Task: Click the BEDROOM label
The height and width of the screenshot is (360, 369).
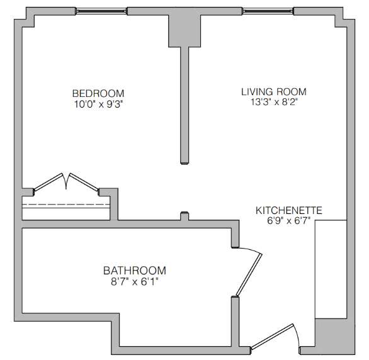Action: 98,93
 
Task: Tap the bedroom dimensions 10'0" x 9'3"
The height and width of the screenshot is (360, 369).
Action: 99,104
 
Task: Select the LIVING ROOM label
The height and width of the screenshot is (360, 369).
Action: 274,92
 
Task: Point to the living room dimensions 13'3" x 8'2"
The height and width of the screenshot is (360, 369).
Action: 274,102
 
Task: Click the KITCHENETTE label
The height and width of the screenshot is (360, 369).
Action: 289,210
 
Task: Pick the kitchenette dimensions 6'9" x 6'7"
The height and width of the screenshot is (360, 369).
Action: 289,221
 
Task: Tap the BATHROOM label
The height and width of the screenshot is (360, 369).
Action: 135,271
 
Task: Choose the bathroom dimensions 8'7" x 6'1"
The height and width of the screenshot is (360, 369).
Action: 135,281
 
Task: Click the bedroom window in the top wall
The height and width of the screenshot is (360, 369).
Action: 101,11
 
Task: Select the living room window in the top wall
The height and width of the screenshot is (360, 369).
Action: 268,11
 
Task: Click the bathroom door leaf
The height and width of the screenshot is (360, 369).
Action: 249,274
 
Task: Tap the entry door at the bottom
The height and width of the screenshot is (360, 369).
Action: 272,336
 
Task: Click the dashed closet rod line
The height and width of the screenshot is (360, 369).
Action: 66,205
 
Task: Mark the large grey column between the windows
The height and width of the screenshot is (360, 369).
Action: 184,31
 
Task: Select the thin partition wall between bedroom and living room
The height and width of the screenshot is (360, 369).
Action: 184,105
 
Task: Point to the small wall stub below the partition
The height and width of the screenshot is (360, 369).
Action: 184,216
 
